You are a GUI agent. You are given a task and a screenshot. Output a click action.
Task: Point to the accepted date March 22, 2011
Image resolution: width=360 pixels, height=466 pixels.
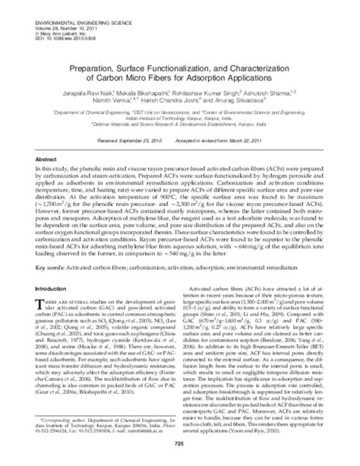coord(236,141)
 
